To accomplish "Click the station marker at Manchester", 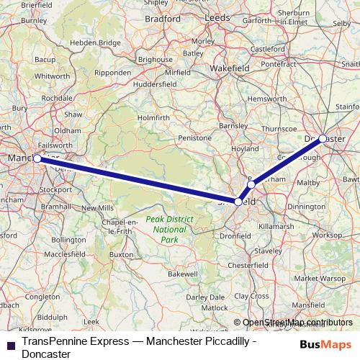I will point(37,158).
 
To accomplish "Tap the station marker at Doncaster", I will point(323,138).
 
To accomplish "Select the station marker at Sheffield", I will point(238,202).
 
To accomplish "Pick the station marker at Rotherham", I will point(251,185).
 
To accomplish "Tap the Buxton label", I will point(122,254).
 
